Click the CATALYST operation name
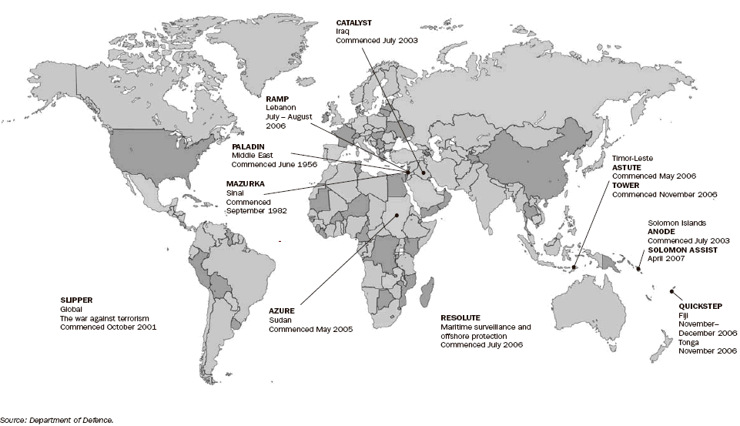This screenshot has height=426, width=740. [x=353, y=23]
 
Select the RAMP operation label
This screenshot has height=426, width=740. [x=277, y=99]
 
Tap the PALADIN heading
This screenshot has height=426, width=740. [x=248, y=145]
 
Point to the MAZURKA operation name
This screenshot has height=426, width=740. [x=246, y=183]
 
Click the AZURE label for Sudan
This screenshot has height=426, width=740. [x=282, y=310]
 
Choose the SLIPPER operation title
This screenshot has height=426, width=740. [x=76, y=299]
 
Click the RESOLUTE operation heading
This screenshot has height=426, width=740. [x=460, y=317]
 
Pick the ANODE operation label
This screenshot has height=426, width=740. [x=661, y=231]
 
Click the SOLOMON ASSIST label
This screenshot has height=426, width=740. [x=682, y=250]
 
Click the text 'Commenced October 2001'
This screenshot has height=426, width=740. [x=108, y=327]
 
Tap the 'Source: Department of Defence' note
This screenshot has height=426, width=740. [x=57, y=420]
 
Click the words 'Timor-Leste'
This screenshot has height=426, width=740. [x=632, y=157]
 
